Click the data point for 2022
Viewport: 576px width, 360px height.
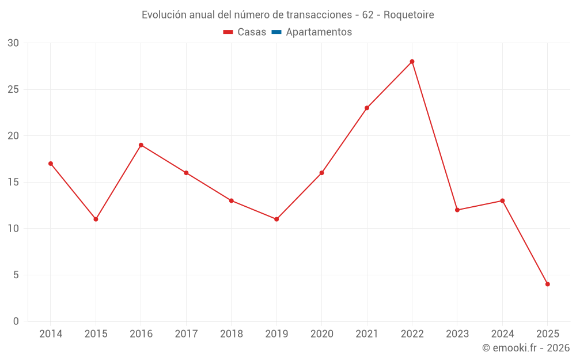[x=412, y=62]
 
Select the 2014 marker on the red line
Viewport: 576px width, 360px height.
[x=51, y=164]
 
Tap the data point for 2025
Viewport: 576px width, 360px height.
[x=547, y=284]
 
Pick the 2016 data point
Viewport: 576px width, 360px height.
[x=141, y=145]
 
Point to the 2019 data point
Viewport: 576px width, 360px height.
[x=276, y=219]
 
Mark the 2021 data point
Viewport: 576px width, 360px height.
[x=367, y=108]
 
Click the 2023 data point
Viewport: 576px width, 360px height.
[x=457, y=210]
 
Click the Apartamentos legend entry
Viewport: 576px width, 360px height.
[x=319, y=32]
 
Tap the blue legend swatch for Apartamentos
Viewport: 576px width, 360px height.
[x=276, y=32]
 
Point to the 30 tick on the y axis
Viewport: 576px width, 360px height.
[x=13, y=43]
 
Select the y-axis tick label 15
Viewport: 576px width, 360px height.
[x=13, y=182]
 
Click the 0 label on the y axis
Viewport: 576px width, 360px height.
[x=16, y=321]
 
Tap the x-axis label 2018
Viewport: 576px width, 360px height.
[x=231, y=334]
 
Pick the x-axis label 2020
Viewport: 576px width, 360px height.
[x=321, y=334]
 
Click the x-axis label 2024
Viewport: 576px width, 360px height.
[x=502, y=334]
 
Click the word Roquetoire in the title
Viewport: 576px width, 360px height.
[x=408, y=15]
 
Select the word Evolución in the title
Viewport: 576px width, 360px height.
[x=164, y=15]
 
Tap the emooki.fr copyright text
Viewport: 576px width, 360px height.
[x=526, y=348]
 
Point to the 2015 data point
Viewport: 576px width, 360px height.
[x=96, y=219]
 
